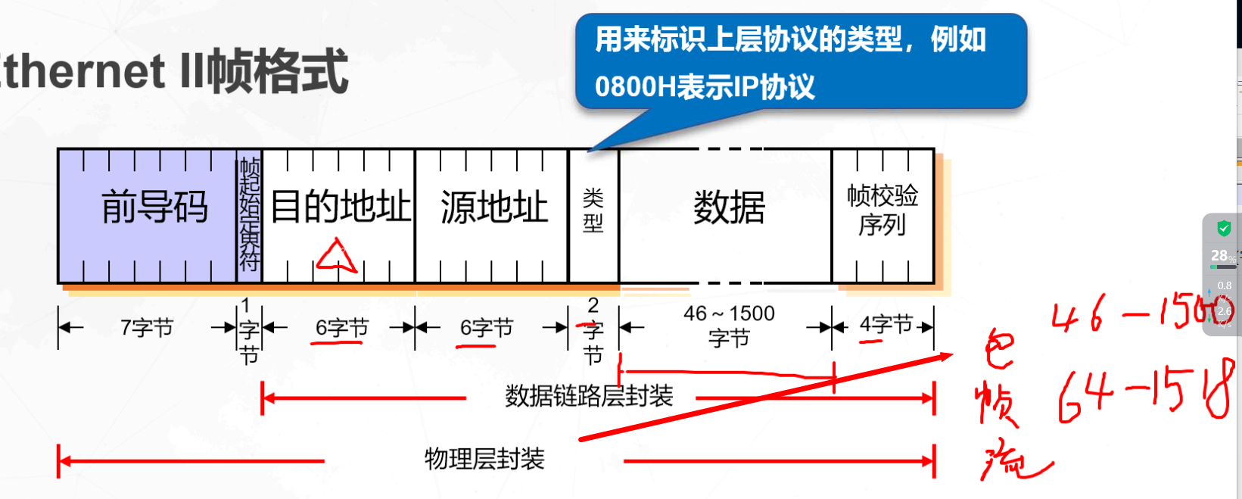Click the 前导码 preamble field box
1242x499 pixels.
[x=148, y=216]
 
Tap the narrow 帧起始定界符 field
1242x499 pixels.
[x=249, y=215]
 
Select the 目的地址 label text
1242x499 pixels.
[x=340, y=207]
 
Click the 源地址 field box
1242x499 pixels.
[x=493, y=215]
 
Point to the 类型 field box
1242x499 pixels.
[x=593, y=215]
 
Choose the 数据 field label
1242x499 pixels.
[x=729, y=207]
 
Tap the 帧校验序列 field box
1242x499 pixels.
[x=882, y=215]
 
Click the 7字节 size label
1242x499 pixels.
[x=147, y=328]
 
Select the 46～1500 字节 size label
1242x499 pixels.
[x=729, y=325]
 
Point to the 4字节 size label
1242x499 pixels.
[x=886, y=325]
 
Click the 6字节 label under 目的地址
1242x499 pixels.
[x=342, y=328]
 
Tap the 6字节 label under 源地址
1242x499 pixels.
[x=487, y=328]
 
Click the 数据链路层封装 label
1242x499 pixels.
[x=589, y=396]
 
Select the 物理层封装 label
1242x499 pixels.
[x=484, y=459]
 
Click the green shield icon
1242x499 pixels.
[x=1224, y=228]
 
